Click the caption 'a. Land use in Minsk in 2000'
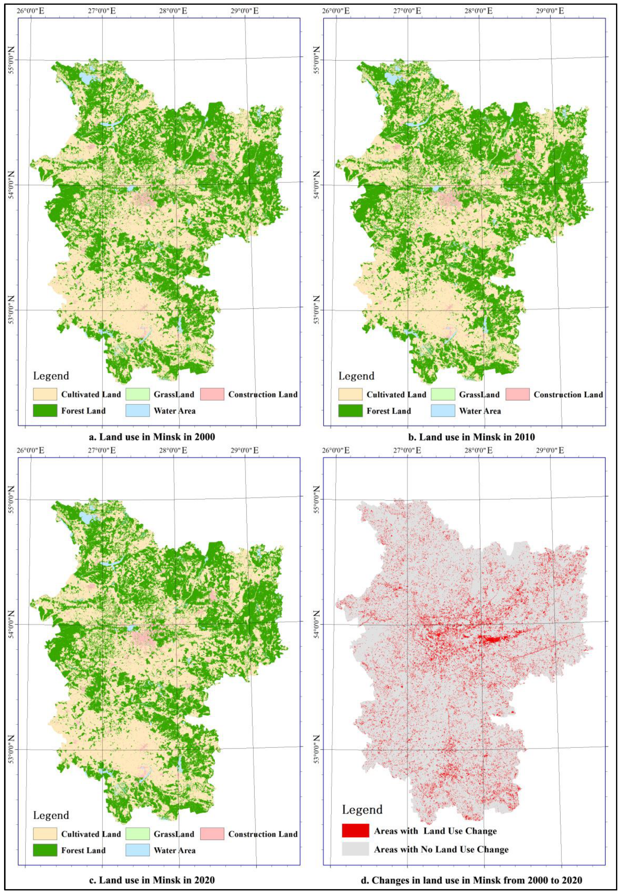coord(152,437)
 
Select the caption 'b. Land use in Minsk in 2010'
coord(471,437)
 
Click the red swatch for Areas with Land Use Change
coord(355,831)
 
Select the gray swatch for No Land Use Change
coord(355,849)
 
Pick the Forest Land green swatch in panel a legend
coord(45,410)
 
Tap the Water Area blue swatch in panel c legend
coord(138,850)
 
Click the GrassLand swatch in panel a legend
coord(138,394)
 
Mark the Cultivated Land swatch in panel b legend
coord(350,394)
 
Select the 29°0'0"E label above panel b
coord(550,11)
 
